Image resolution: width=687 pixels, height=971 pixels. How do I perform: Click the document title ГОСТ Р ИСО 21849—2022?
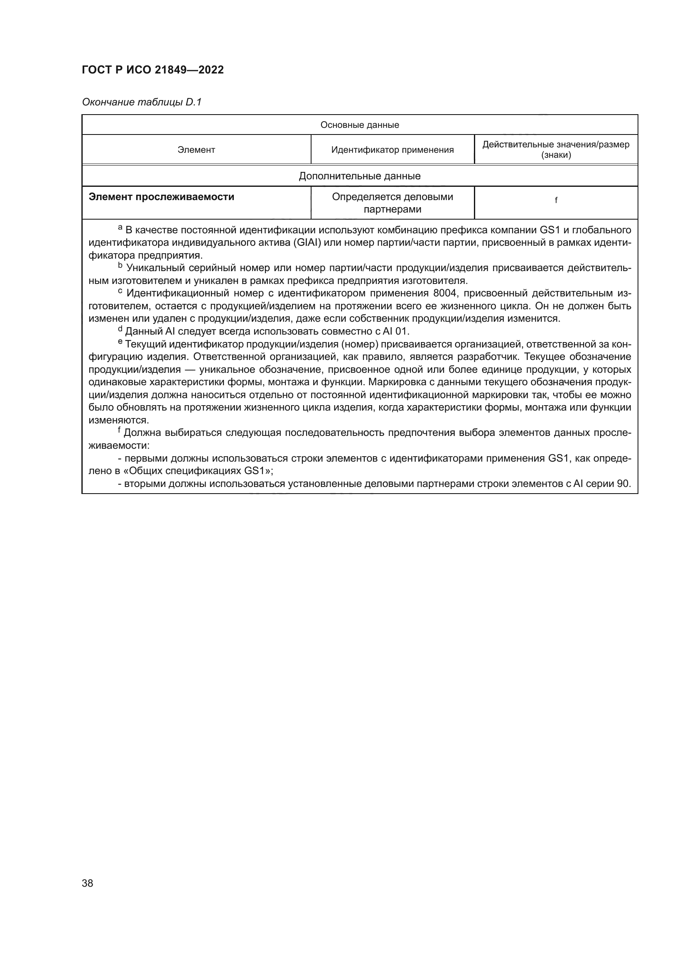pyautogui.click(x=153, y=70)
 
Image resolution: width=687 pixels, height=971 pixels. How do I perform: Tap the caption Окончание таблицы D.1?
pyautogui.click(x=142, y=102)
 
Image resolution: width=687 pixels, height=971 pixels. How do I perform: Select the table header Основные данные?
pyautogui.click(x=360, y=125)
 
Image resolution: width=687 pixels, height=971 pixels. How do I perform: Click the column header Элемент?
pyautogui.click(x=196, y=150)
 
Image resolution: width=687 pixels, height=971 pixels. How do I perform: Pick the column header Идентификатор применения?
pyautogui.click(x=392, y=150)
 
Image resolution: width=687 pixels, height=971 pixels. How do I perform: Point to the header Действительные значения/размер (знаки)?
pyautogui.click(x=556, y=150)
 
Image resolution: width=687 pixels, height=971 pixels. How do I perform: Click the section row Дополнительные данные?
pyautogui.click(x=360, y=176)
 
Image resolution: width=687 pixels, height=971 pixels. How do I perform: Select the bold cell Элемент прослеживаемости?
pyautogui.click(x=161, y=197)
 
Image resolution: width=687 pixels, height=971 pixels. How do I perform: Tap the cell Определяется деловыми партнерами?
pyautogui.click(x=392, y=203)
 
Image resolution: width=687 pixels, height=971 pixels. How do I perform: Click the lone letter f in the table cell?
pyautogui.click(x=556, y=200)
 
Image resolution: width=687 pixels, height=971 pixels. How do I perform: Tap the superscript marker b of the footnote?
pyautogui.click(x=120, y=266)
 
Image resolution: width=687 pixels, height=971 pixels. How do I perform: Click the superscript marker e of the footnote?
pyautogui.click(x=120, y=342)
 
